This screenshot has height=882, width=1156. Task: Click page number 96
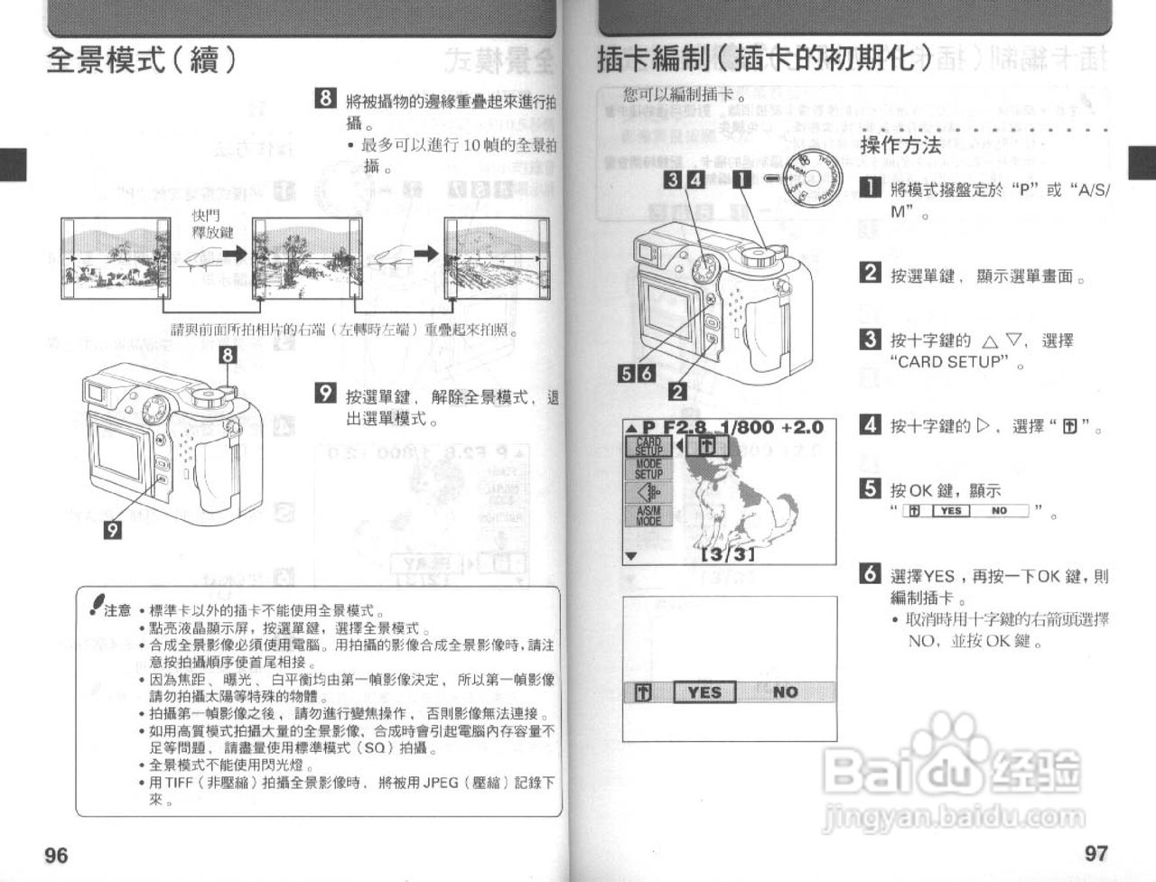(x=56, y=854)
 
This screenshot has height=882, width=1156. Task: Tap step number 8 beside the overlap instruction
(x=325, y=98)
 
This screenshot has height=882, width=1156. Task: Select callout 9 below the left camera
(x=112, y=529)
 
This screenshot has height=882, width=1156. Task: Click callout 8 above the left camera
(x=228, y=355)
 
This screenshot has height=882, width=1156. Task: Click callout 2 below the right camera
(x=677, y=391)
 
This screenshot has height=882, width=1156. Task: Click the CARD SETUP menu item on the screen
(x=648, y=445)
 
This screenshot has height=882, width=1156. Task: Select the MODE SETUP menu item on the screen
(x=648, y=469)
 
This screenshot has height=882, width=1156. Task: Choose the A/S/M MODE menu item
(x=648, y=515)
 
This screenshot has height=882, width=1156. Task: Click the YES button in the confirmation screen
(x=704, y=692)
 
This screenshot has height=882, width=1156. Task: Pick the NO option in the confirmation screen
(x=785, y=692)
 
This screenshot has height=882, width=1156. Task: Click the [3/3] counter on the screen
(x=728, y=553)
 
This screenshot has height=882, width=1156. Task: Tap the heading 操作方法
(x=900, y=145)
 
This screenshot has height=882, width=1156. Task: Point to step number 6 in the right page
(x=870, y=573)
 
